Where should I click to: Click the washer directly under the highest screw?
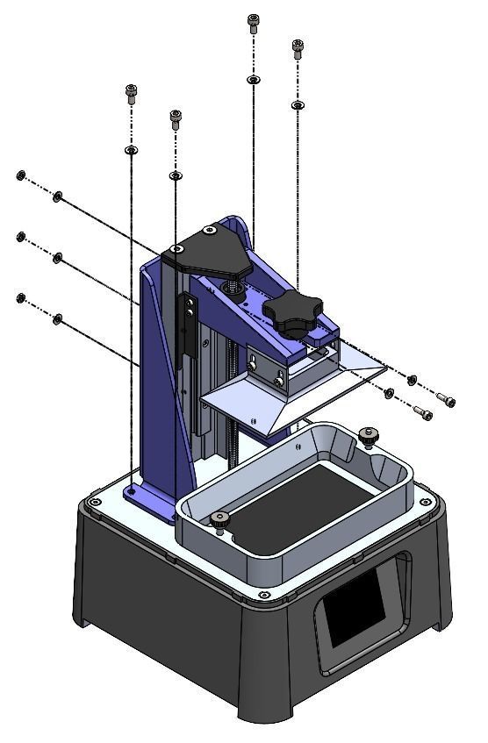pyautogui.click(x=253, y=80)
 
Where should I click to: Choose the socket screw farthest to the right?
pyautogui.click(x=448, y=401)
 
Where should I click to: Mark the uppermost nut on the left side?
pyautogui.click(x=20, y=176)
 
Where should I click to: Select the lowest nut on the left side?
pyautogui.click(x=20, y=298)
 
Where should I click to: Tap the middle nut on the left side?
pyautogui.click(x=20, y=237)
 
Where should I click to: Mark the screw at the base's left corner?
pyautogui.click(x=94, y=503)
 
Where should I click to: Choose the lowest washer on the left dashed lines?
pyautogui.click(x=58, y=319)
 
